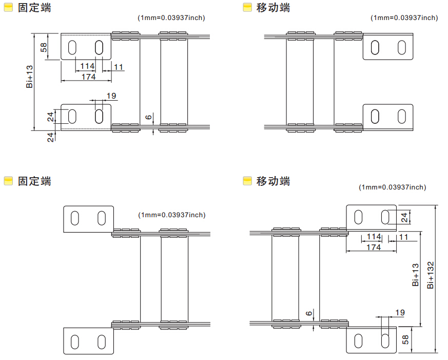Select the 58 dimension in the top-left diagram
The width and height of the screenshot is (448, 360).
click(44, 47)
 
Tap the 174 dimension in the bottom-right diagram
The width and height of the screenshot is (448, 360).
click(374, 247)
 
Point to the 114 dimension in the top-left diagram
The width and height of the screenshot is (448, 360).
click(87, 66)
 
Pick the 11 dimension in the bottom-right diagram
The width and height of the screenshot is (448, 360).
click(403, 237)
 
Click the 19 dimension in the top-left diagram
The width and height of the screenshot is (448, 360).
click(111, 96)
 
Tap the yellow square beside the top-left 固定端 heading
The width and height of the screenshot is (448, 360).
click(8, 8)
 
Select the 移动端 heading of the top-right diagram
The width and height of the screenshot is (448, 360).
click(273, 8)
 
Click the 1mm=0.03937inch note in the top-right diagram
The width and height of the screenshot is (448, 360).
click(404, 17)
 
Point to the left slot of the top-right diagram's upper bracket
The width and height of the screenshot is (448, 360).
click(376, 47)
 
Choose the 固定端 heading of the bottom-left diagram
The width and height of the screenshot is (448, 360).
click(34, 181)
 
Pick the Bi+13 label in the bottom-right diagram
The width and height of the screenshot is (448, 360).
click(416, 275)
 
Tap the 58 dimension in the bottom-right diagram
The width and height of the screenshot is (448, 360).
click(405, 339)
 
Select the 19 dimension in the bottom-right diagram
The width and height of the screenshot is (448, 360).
click(400, 312)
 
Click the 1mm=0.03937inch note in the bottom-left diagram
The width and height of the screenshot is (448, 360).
click(171, 215)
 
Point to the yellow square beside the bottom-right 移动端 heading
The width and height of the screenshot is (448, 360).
click(247, 181)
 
